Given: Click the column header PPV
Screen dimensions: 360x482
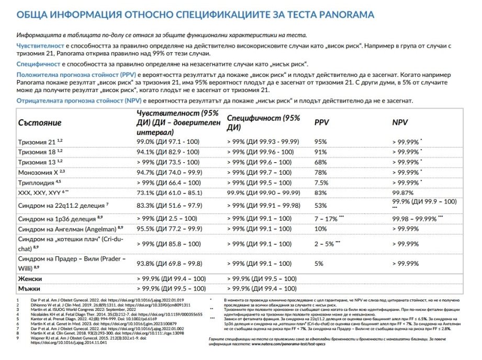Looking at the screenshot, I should pyautogui.click(x=321, y=122).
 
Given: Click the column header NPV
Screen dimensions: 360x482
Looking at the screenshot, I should pyautogui.click(x=400, y=122).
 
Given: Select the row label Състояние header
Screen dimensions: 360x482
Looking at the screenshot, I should pyautogui.click(x=40, y=122).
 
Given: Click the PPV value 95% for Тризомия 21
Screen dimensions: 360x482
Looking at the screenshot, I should pyautogui.click(x=320, y=142).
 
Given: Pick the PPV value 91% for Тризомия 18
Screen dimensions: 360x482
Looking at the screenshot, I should pyautogui.click(x=320, y=152).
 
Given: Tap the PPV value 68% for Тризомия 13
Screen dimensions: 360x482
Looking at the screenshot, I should pyautogui.click(x=320, y=162).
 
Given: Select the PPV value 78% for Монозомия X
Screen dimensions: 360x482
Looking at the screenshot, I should pyautogui.click(x=320, y=172).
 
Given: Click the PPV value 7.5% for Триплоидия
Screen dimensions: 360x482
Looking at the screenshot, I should pyautogui.click(x=321, y=183).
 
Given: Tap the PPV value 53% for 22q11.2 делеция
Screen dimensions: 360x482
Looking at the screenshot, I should pyautogui.click(x=320, y=206).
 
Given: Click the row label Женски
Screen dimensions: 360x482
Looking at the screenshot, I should pyautogui.click(x=30, y=279).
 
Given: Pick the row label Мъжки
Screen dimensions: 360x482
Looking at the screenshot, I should pyautogui.click(x=29, y=289).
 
